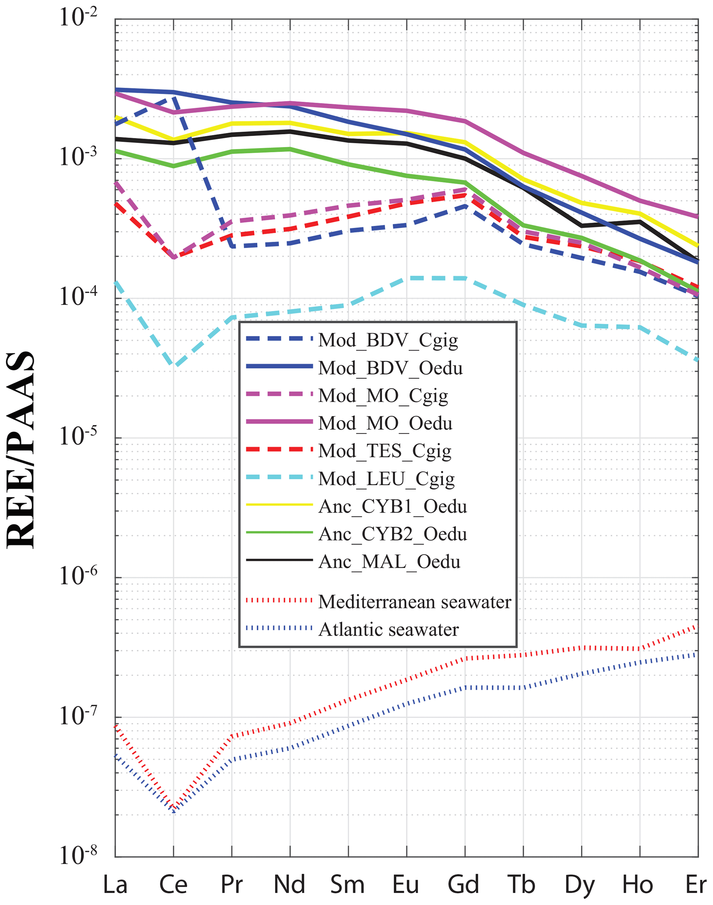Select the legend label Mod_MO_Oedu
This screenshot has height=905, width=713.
[x=385, y=424]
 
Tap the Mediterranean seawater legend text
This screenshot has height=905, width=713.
[x=414, y=602]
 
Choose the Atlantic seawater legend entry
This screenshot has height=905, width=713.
[x=388, y=629]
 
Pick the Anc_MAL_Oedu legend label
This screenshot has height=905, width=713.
[x=389, y=562]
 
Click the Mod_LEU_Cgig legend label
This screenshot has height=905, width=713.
[x=386, y=479]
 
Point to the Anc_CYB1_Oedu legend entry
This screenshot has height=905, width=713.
[x=393, y=506]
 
